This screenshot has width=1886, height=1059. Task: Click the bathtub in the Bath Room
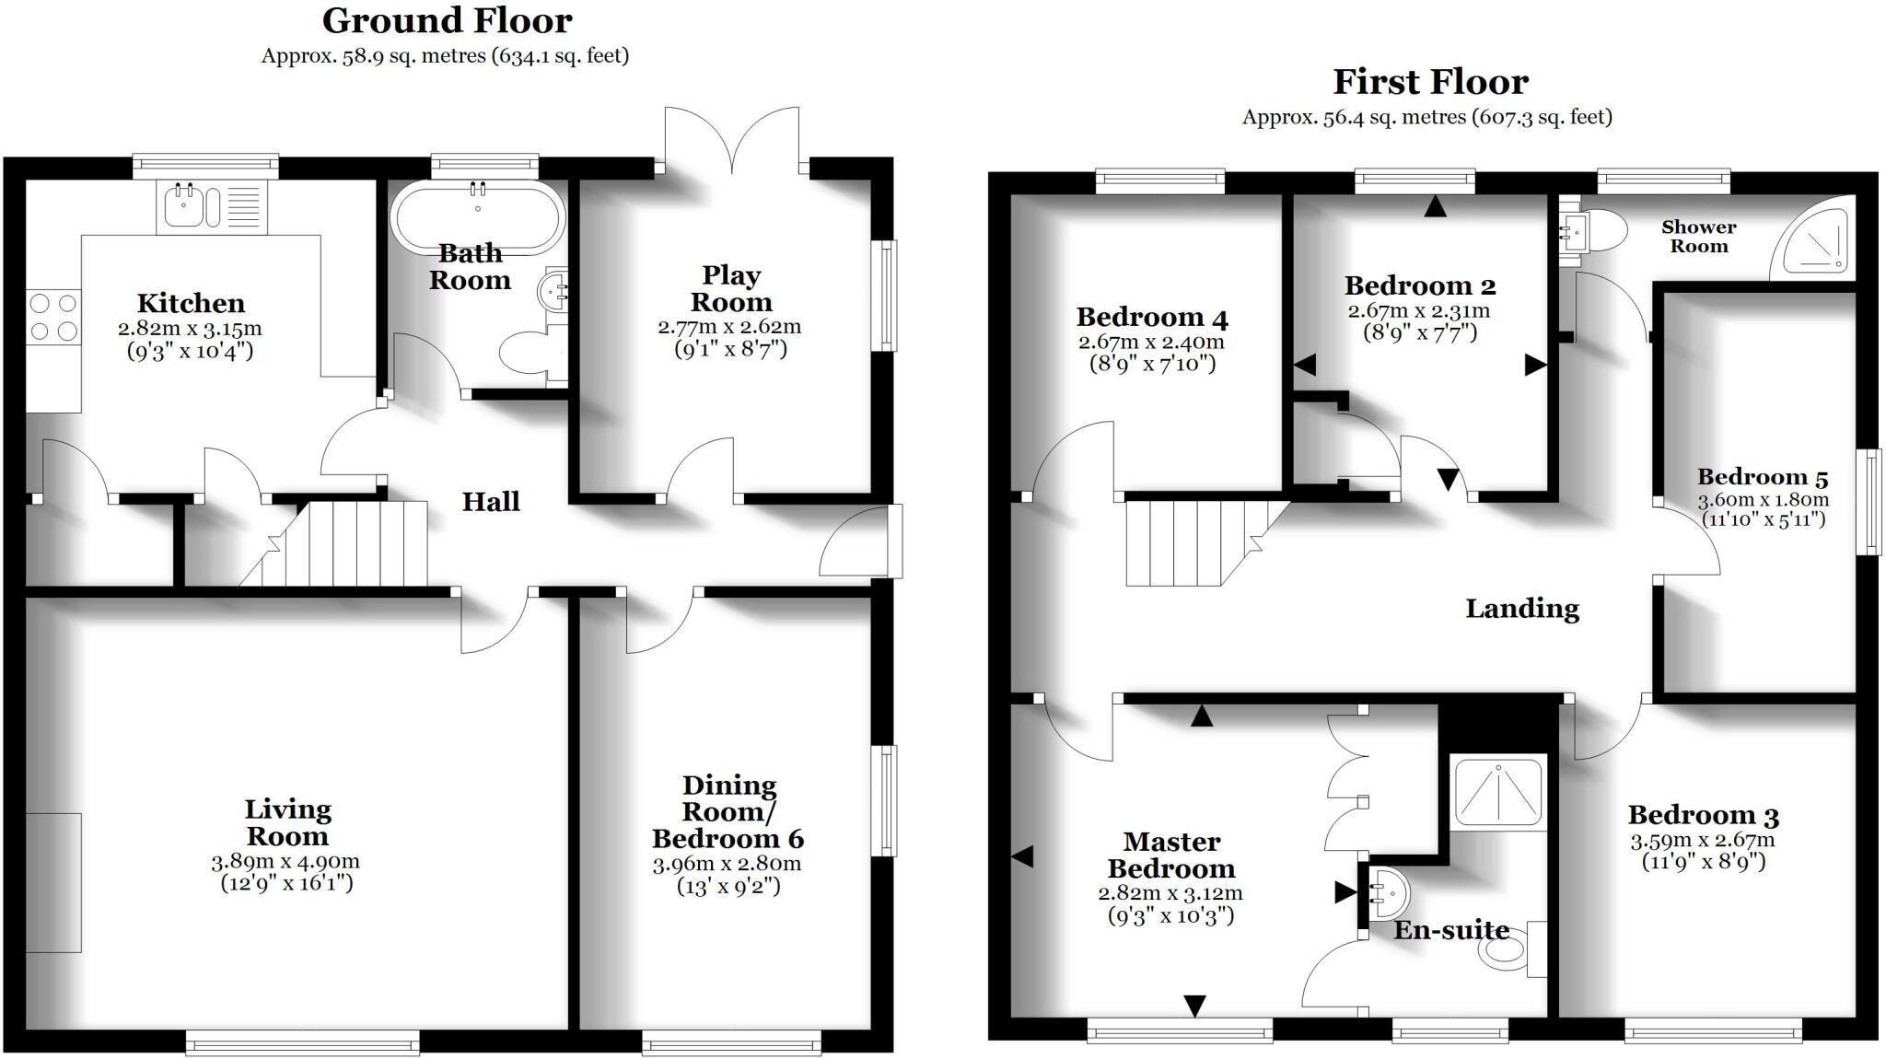click(477, 215)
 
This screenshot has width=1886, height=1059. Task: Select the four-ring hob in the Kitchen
click(53, 317)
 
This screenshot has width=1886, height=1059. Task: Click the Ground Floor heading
click(447, 20)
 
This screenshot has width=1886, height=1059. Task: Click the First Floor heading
click(1430, 82)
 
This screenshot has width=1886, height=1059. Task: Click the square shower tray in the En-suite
click(1498, 789)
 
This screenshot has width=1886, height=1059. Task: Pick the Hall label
click(491, 502)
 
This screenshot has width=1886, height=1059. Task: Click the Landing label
click(1522, 609)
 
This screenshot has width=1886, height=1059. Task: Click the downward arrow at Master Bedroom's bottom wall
click(1194, 1006)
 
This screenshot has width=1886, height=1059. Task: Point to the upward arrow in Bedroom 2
click(1435, 207)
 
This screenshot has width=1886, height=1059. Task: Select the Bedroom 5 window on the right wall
click(1868, 502)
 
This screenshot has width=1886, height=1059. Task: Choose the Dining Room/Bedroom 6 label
click(728, 811)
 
